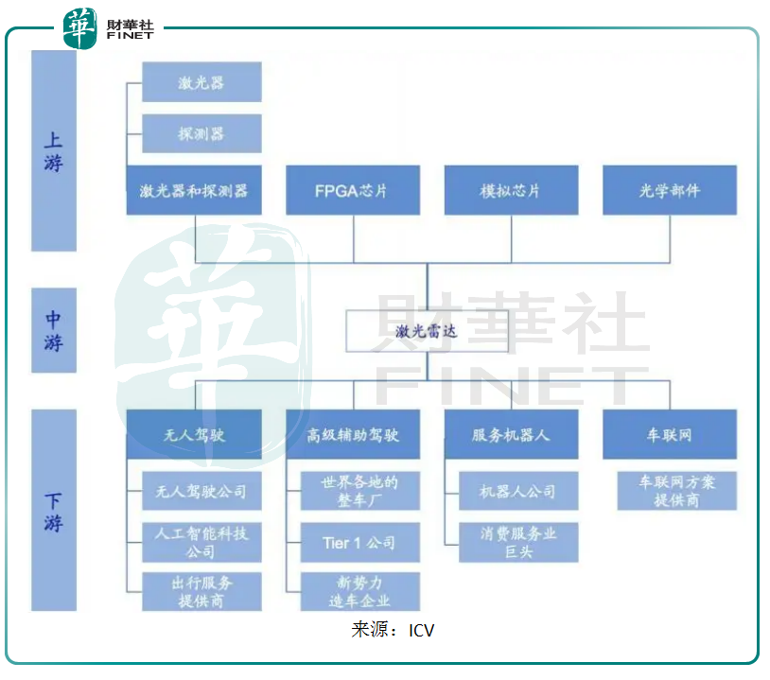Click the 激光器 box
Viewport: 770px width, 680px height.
tap(201, 82)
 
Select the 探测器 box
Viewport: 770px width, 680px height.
tap(201, 133)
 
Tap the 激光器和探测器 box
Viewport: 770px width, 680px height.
tap(194, 190)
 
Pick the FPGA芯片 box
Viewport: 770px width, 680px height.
tap(353, 190)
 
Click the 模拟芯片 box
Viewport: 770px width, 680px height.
tap(511, 190)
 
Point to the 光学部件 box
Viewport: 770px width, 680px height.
tap(670, 190)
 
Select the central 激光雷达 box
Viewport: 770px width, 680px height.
tap(427, 331)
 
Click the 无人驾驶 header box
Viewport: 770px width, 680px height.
tap(194, 434)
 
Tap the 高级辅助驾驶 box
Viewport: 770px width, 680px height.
tap(353, 434)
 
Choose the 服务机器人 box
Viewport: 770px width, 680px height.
tap(511, 434)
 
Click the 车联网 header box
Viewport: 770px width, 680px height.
tap(670, 434)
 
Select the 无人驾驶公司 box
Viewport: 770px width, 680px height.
tap(201, 491)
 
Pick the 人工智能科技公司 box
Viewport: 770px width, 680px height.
tap(201, 542)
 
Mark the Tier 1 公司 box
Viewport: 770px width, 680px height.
tap(359, 542)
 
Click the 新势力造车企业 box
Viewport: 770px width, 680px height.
tap(359, 591)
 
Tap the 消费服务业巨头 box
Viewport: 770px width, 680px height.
tap(518, 542)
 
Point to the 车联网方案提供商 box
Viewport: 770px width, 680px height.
tap(677, 491)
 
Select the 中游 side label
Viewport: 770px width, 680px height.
tap(54, 331)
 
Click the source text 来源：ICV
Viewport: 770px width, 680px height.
tap(393, 630)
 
